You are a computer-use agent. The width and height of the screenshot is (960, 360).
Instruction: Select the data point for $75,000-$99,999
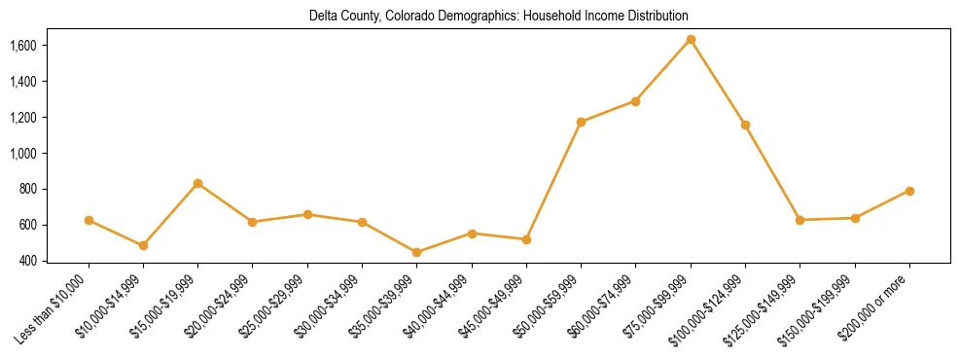[691, 39]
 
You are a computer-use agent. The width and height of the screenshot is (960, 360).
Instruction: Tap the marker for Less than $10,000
[89, 220]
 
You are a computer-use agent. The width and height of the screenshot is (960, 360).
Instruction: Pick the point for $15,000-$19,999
[197, 183]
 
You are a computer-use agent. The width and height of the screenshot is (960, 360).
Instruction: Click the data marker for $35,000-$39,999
[417, 252]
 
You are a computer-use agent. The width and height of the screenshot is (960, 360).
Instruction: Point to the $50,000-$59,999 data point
[581, 122]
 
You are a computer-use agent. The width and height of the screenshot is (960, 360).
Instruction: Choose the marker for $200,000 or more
[909, 191]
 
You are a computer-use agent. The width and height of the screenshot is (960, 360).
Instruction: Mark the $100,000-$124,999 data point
[745, 125]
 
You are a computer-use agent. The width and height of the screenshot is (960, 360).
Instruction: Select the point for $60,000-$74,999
[635, 101]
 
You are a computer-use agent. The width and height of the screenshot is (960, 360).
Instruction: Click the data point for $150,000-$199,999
[855, 218]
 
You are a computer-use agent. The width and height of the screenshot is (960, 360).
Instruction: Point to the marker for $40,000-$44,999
[472, 234]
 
